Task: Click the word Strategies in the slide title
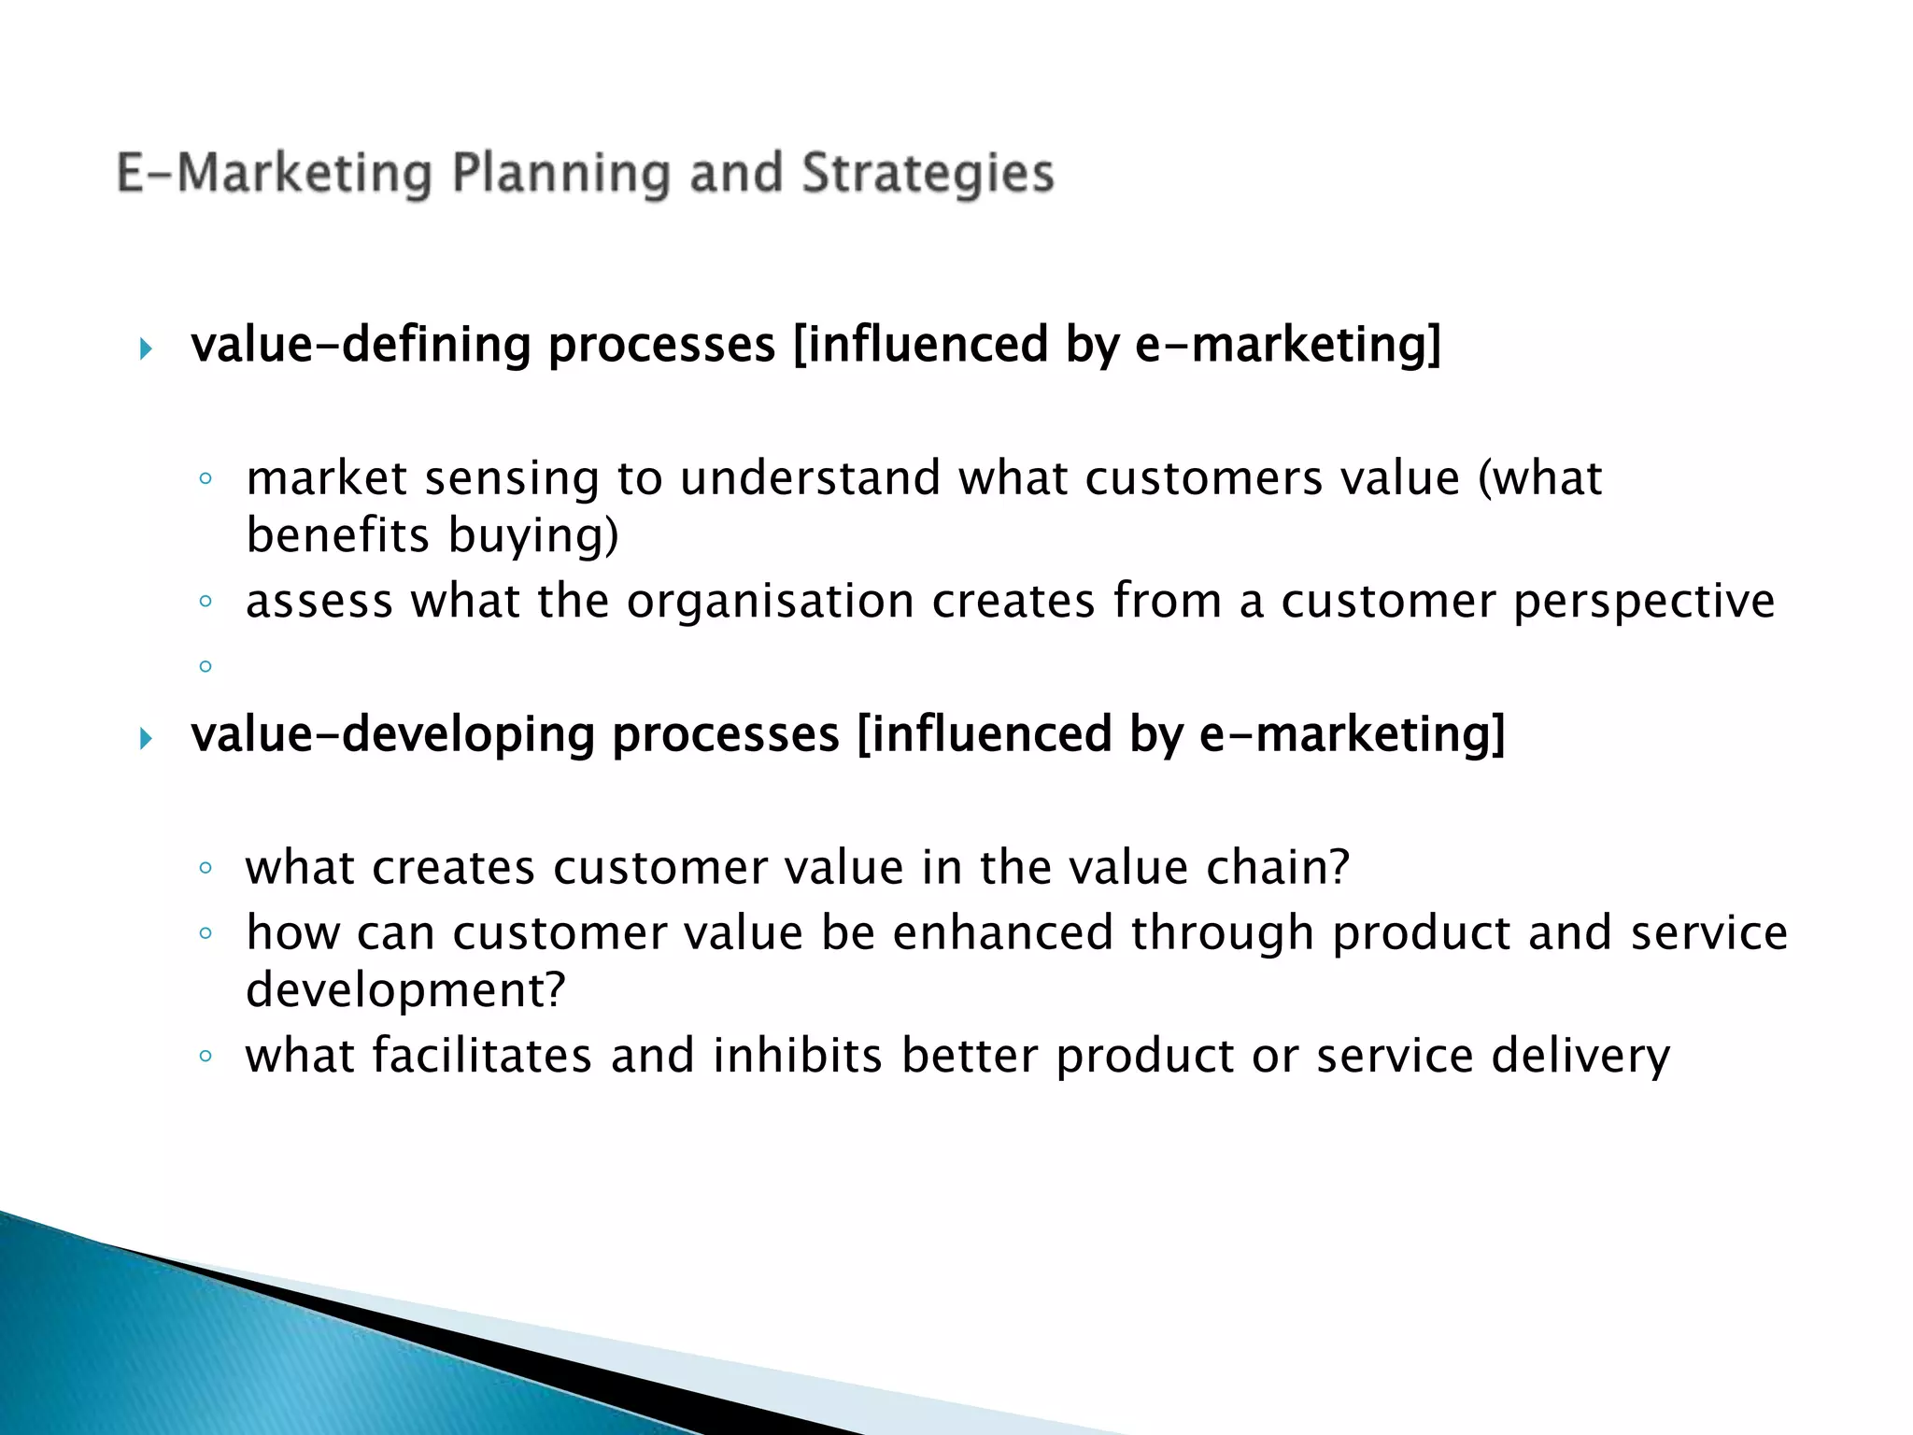928,175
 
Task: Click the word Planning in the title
560,175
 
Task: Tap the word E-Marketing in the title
274,175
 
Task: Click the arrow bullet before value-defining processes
145,349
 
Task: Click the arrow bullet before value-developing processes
145,739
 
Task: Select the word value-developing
392,734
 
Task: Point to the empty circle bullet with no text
205,666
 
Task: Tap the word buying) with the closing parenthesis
533,536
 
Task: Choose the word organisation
770,601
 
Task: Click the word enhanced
1002,933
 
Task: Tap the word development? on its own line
405,990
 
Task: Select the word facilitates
482,1056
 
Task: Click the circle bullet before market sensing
205,479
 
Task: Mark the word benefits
337,536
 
